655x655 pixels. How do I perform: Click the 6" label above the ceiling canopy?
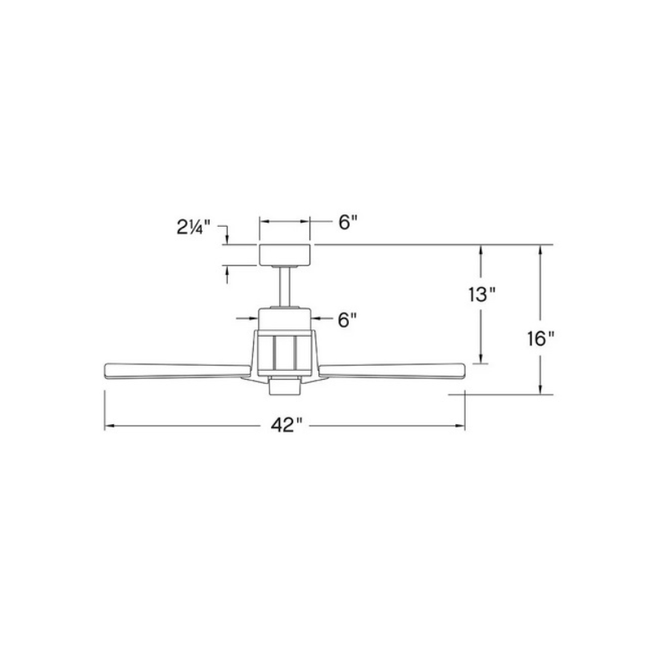[x=350, y=222]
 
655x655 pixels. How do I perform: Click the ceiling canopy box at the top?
[x=285, y=255]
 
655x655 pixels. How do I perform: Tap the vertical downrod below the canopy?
[x=285, y=287]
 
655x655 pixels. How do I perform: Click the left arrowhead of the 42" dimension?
[x=109, y=426]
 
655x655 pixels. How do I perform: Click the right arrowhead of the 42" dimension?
[x=460, y=426]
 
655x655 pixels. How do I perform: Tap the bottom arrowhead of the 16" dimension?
[x=540, y=388]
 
